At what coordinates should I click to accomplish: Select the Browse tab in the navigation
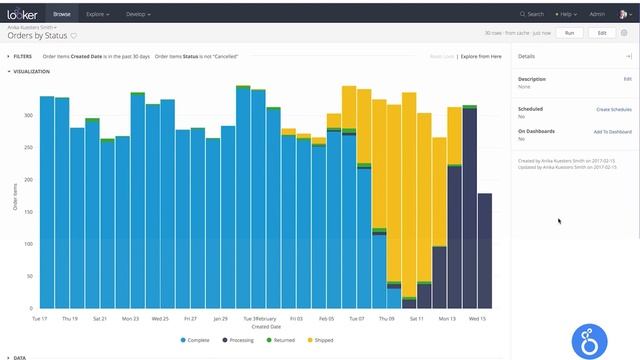tap(62, 15)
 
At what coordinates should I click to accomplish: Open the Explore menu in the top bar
tap(96, 15)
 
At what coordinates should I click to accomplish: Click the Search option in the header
tap(533, 15)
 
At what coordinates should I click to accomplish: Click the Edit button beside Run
tap(601, 33)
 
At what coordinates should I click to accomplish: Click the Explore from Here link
tap(479, 57)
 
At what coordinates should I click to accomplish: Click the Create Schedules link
tap(613, 108)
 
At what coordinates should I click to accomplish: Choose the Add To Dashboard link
tap(612, 131)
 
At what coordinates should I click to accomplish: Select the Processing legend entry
tap(238, 340)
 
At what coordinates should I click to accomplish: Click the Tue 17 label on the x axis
tap(39, 318)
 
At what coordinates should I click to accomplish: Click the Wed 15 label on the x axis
tap(477, 318)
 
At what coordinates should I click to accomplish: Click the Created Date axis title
tap(266, 326)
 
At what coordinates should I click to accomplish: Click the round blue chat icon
tap(590, 341)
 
